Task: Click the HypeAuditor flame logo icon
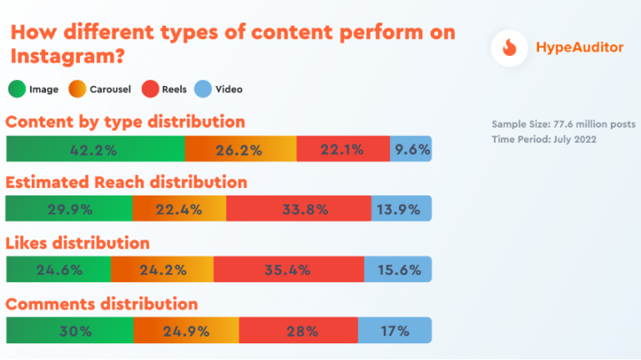508,48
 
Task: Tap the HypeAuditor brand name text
578,48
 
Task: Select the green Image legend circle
17,89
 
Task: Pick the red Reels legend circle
149,89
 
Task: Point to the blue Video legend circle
204,89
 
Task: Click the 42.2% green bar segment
95,150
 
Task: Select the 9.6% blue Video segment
411,150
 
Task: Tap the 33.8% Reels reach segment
298,209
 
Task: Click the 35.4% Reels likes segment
288,269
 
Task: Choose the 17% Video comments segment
395,330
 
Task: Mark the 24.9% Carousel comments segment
186,330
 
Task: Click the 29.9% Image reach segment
68,209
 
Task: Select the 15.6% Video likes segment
398,269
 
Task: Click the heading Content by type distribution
125,122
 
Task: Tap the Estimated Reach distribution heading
126,182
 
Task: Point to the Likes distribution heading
78,243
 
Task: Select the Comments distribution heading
102,303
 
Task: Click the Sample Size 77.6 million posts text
563,124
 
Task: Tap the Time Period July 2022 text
543,139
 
